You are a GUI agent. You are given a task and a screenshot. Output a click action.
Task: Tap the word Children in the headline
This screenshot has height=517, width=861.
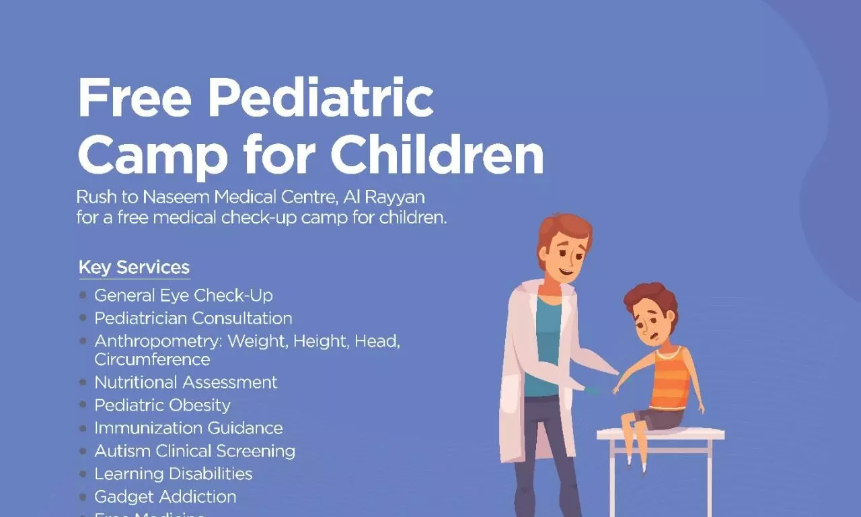click(437, 156)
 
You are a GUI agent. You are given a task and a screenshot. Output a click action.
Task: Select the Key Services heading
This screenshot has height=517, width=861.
click(134, 267)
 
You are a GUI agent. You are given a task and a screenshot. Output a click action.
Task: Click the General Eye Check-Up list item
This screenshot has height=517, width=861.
click(183, 296)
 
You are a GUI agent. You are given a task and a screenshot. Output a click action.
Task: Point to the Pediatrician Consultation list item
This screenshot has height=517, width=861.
click(193, 318)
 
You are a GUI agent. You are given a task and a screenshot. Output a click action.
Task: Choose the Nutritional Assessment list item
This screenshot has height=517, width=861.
click(186, 382)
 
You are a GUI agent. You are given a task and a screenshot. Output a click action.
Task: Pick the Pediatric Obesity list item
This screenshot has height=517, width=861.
click(162, 405)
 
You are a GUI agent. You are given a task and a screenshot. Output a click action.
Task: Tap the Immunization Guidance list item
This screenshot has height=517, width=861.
click(188, 428)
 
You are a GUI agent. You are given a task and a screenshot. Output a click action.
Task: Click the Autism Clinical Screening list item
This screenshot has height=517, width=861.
click(194, 451)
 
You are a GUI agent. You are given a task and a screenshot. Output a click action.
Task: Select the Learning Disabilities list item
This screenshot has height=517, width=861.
click(173, 474)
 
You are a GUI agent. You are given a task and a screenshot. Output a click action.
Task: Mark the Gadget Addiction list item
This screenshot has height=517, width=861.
click(165, 497)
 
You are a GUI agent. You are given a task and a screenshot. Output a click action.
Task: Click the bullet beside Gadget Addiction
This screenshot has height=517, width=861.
click(83, 497)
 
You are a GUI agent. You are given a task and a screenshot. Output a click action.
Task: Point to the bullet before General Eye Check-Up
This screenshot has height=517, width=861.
click(83, 296)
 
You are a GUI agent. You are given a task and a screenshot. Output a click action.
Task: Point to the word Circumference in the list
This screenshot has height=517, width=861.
click(152, 359)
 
